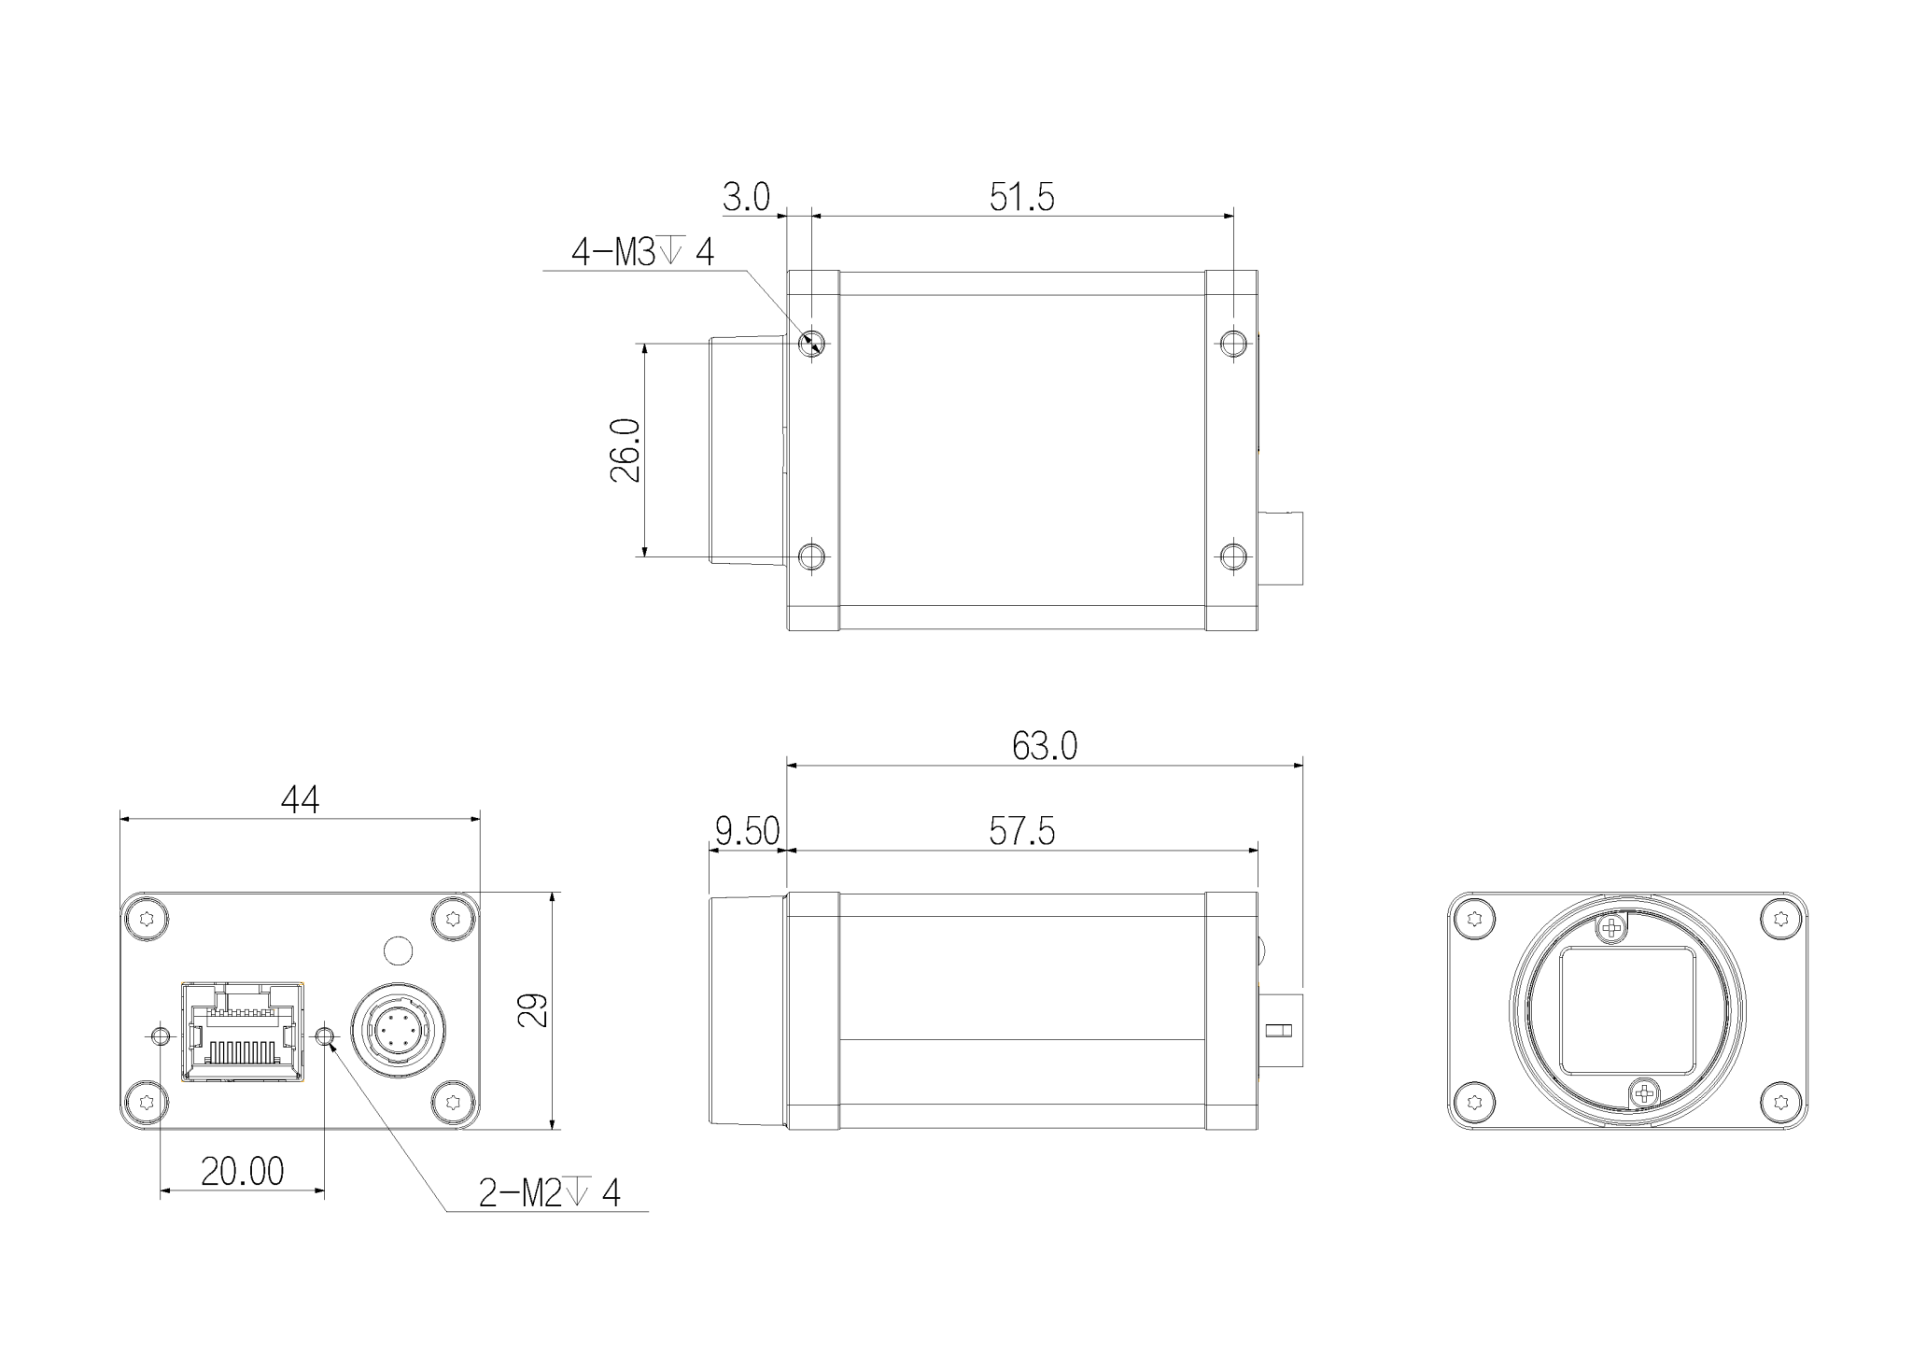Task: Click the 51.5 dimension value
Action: click(x=1021, y=198)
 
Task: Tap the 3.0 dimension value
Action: click(x=746, y=198)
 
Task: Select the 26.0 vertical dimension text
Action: click(x=626, y=450)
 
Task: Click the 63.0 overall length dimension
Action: click(x=1045, y=746)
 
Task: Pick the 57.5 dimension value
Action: click(x=1021, y=831)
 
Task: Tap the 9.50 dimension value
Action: click(x=747, y=831)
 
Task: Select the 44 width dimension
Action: click(x=300, y=799)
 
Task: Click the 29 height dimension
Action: click(x=533, y=1010)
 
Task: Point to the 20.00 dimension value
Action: click(x=243, y=1171)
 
